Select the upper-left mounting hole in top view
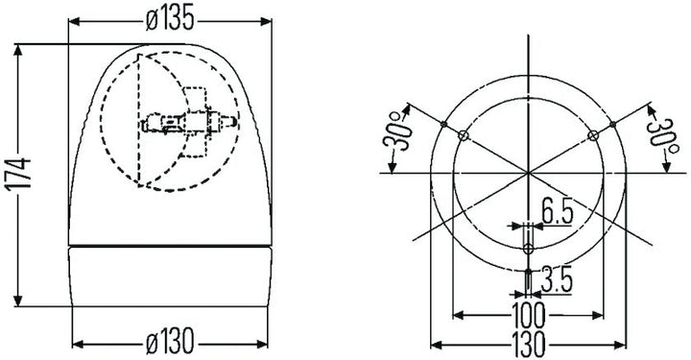click(464, 135)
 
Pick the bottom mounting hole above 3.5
click(528, 249)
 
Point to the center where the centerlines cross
click(528, 173)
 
